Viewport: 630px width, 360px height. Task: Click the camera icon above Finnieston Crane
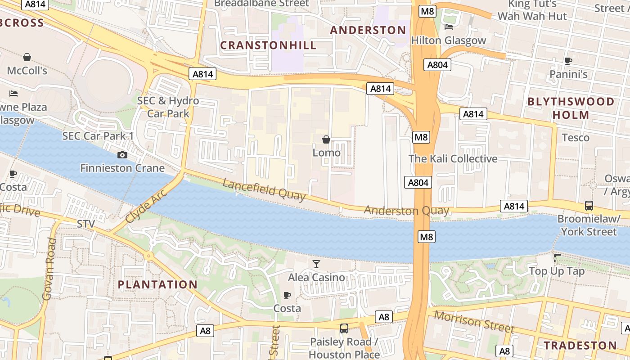pyautogui.click(x=122, y=155)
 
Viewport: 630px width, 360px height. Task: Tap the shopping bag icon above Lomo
pyautogui.click(x=326, y=140)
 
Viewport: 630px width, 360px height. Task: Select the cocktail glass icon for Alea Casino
pyautogui.click(x=316, y=264)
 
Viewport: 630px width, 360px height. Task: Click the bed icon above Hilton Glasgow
pyautogui.click(x=449, y=27)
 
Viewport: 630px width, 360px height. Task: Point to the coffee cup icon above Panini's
pyautogui.click(x=568, y=61)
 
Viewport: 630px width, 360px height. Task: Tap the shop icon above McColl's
pyautogui.click(x=27, y=57)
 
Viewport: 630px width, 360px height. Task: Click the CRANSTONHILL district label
pyautogui.click(x=268, y=45)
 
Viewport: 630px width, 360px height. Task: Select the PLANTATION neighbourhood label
pyautogui.click(x=157, y=284)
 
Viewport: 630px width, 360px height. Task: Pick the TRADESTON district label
pyautogui.click(x=580, y=346)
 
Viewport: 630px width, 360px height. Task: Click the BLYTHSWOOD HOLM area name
pyautogui.click(x=571, y=108)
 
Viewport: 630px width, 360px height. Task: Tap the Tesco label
pyautogui.click(x=576, y=138)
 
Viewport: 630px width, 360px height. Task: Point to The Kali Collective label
pyautogui.click(x=453, y=159)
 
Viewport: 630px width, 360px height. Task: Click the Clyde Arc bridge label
pyautogui.click(x=146, y=207)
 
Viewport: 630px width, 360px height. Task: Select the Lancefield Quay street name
pyautogui.click(x=264, y=190)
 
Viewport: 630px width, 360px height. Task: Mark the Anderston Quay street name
pyautogui.click(x=406, y=211)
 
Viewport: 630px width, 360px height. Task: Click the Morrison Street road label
pyautogui.click(x=473, y=322)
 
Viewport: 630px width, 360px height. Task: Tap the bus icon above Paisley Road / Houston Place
pyautogui.click(x=344, y=328)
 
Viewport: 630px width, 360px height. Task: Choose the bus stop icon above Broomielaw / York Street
pyautogui.click(x=589, y=206)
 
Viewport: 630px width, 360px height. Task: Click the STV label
pyautogui.click(x=86, y=224)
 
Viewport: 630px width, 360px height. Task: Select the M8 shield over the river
pyautogui.click(x=426, y=237)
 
